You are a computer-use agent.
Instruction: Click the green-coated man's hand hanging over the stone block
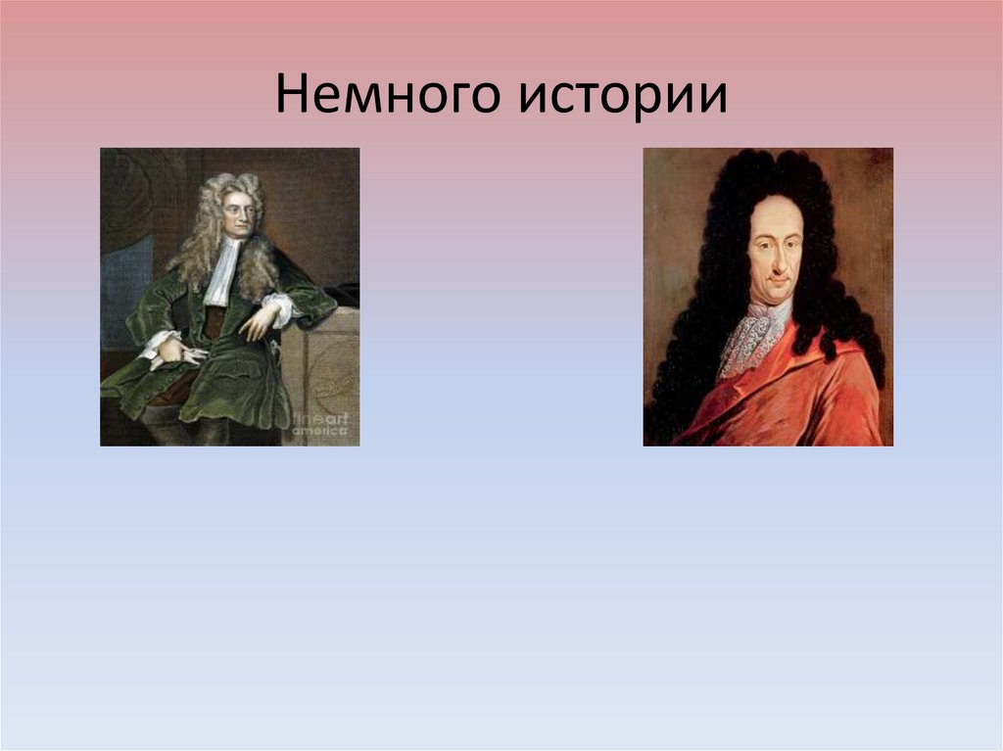coord(257,323)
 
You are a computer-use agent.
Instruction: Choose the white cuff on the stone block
coord(282,308)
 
